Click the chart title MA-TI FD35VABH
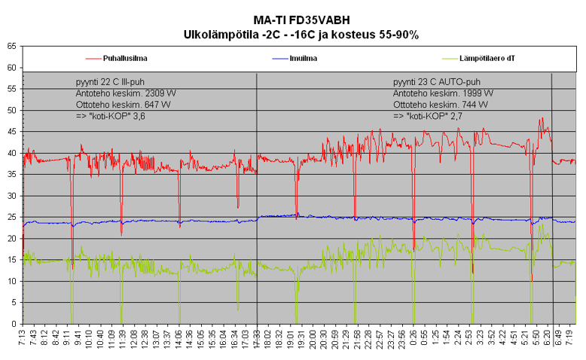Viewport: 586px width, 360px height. pos(301,20)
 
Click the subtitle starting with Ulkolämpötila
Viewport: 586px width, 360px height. pos(301,34)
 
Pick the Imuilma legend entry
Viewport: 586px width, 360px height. pos(303,58)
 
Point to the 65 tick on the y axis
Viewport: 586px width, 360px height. pos(11,46)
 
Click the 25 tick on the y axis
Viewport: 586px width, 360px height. pos(11,217)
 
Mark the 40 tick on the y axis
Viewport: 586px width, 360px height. pos(11,153)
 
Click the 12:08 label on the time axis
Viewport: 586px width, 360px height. pos(134,340)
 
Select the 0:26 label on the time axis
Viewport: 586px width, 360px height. pos(413,340)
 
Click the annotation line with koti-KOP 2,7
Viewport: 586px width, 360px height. pos(430,117)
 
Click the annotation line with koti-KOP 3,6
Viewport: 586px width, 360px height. pos(111,117)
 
